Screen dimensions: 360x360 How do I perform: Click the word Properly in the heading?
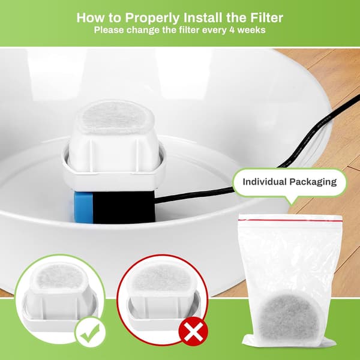152,18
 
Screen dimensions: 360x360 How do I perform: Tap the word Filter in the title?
267,17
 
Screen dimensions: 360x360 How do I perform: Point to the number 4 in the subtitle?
232,30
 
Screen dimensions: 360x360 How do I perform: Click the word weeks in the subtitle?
251,30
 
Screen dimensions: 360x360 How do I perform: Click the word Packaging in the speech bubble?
313,182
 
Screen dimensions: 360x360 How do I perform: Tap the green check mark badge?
90,332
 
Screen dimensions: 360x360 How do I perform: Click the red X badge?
193,332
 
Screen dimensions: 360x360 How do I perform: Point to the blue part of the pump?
83,208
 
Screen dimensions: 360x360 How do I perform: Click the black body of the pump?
124,206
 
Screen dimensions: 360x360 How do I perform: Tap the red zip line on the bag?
290,220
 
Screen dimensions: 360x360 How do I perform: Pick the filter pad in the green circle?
59,277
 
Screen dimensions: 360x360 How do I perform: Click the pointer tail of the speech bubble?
292,200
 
